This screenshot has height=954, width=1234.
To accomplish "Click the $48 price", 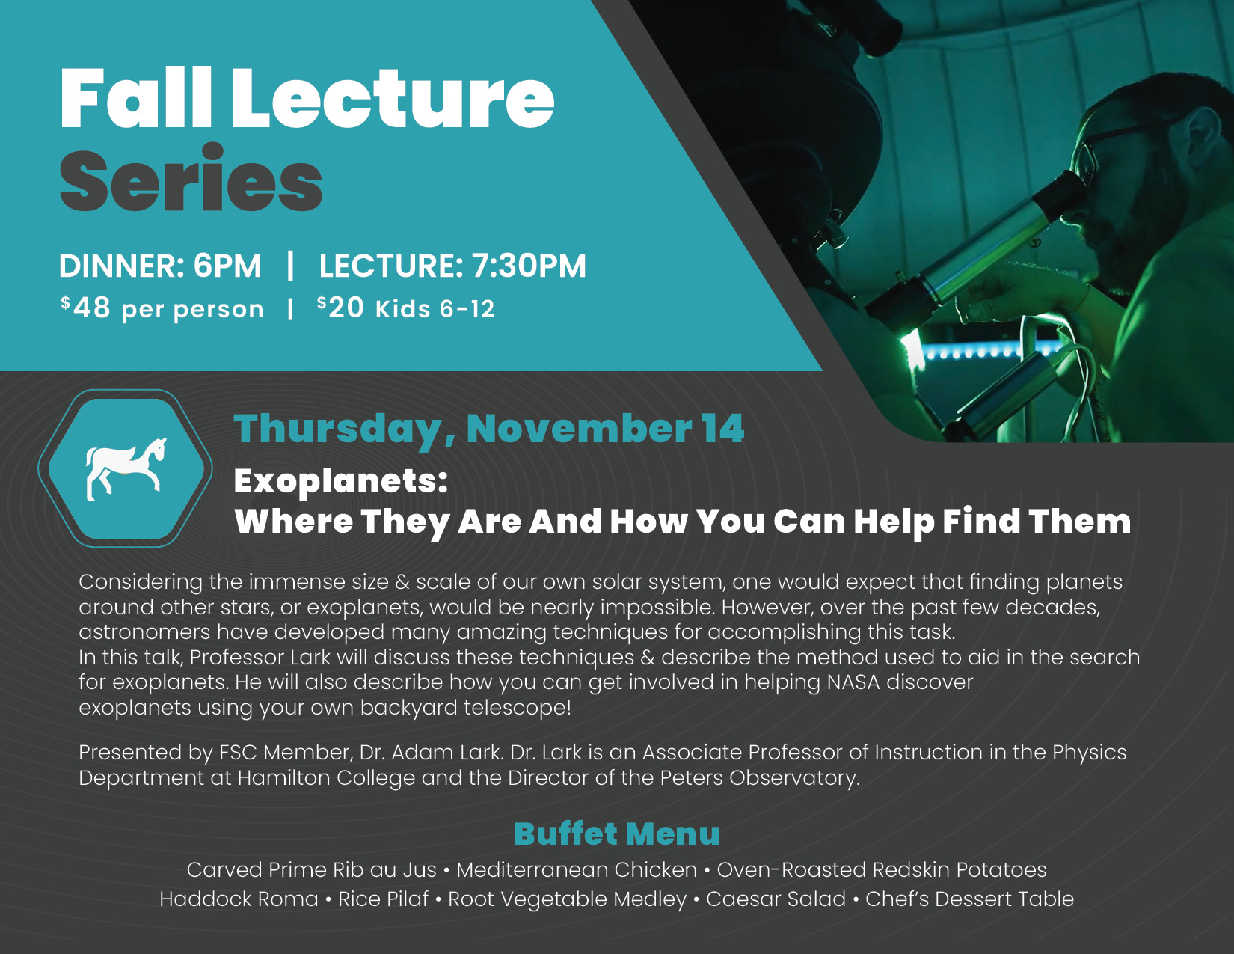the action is click(86, 308).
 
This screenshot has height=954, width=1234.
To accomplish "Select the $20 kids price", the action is click(340, 308).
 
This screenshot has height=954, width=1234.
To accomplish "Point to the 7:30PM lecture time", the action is click(529, 266).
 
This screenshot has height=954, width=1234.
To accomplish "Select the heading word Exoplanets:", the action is click(341, 482).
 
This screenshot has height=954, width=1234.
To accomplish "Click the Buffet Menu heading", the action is click(617, 834).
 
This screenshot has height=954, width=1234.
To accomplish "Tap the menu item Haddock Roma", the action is click(239, 899).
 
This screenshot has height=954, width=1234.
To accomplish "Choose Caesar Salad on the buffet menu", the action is click(776, 899).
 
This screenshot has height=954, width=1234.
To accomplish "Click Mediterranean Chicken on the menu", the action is click(577, 869).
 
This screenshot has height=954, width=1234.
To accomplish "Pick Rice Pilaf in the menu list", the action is click(384, 899).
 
